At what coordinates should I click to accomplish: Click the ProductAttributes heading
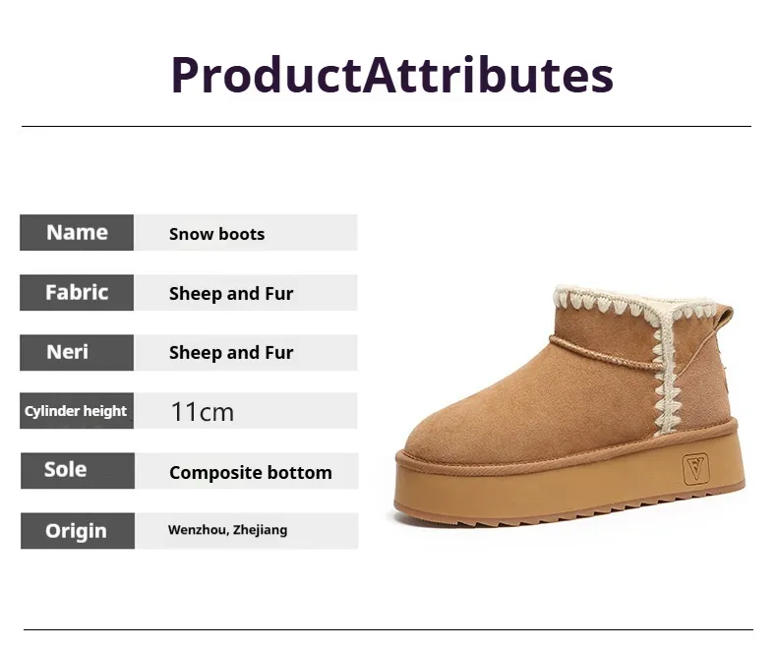click(392, 76)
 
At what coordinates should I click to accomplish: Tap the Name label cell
click(77, 232)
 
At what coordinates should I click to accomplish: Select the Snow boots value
click(217, 234)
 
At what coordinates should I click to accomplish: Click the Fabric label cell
click(77, 292)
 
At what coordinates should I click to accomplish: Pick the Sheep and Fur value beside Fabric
click(231, 293)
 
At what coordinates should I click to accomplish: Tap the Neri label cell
click(77, 352)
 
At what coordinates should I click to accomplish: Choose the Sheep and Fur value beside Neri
click(231, 353)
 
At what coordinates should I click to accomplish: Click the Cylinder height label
click(76, 411)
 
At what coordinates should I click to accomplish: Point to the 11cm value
click(203, 412)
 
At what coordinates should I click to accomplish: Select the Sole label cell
click(78, 471)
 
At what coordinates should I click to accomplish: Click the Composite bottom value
click(251, 473)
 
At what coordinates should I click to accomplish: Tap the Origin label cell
click(78, 531)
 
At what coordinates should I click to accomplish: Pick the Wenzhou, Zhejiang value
click(228, 530)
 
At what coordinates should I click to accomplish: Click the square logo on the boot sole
click(695, 468)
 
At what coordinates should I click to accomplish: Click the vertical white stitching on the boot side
click(664, 372)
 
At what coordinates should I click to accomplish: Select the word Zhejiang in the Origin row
click(261, 530)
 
